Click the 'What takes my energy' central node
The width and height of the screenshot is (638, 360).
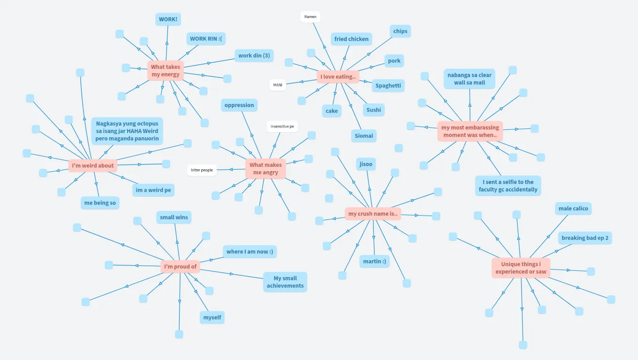click(x=165, y=70)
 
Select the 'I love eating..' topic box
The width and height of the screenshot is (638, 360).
click(x=338, y=76)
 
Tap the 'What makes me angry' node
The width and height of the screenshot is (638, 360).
click(x=266, y=169)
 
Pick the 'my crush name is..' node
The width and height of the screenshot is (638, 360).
click(x=373, y=214)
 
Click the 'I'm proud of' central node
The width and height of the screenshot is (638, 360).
click(x=180, y=267)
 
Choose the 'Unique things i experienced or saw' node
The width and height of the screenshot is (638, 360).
click(x=521, y=268)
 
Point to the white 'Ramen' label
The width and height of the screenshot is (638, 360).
click(x=310, y=17)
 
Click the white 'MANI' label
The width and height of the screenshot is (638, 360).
click(x=278, y=85)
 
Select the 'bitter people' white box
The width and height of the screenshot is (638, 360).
click(x=202, y=170)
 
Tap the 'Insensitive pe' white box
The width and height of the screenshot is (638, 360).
click(x=282, y=127)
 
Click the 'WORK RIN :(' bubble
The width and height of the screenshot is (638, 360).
click(x=205, y=38)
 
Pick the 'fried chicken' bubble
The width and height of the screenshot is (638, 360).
click(x=351, y=39)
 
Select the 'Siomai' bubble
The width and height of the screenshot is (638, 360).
click(x=364, y=136)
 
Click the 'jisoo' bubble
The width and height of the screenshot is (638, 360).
click(x=366, y=164)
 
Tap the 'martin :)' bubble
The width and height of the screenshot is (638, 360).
click(x=374, y=261)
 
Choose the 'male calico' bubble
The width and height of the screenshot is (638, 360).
click(x=573, y=209)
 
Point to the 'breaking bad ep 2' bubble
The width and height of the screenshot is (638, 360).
click(x=585, y=238)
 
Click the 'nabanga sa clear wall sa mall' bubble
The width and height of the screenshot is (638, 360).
click(x=470, y=79)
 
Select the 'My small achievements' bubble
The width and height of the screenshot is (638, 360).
click(x=285, y=282)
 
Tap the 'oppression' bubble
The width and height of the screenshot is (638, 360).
click(x=239, y=105)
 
